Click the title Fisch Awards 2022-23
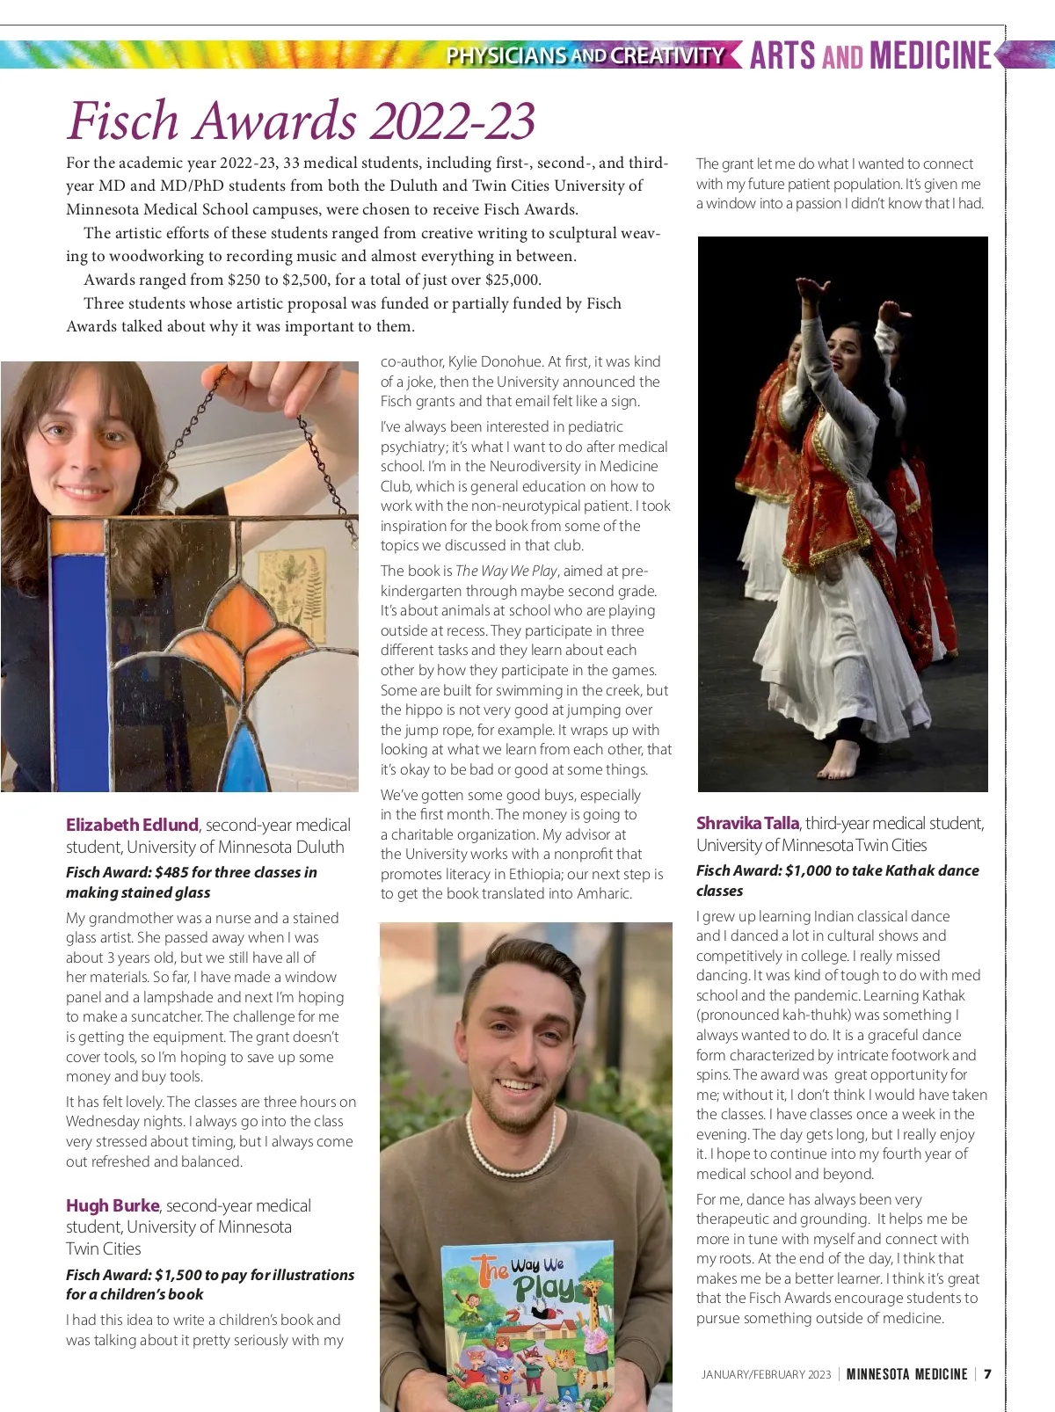click(x=301, y=120)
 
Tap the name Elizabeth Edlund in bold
click(x=132, y=825)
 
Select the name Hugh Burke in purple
click(x=113, y=1205)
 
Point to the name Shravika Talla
click(x=747, y=823)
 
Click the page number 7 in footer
click(x=987, y=1374)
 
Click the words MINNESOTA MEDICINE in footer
click(x=906, y=1374)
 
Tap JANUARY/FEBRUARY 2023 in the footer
click(x=766, y=1374)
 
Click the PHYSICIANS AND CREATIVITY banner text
click(x=585, y=55)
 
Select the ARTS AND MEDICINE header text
click(x=870, y=55)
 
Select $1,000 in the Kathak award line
click(x=808, y=870)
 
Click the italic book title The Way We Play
click(x=506, y=571)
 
